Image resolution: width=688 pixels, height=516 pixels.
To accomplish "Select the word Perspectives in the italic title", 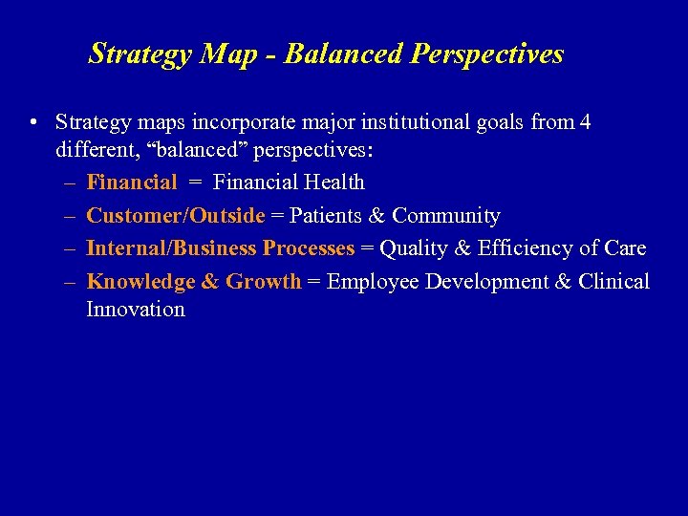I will click(487, 54).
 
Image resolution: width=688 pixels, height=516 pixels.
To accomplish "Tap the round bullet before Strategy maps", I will click(33, 123).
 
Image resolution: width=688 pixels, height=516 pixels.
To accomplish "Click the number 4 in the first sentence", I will click(585, 122).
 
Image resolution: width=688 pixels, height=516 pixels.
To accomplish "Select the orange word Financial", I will click(132, 182).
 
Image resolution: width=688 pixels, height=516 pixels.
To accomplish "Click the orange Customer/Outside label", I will click(175, 215).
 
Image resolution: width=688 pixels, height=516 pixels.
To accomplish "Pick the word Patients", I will click(328, 215).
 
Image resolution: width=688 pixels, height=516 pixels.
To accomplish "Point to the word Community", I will click(446, 215).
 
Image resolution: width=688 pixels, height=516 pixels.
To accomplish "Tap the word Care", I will click(625, 248).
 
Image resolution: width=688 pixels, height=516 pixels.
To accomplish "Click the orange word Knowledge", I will click(140, 281).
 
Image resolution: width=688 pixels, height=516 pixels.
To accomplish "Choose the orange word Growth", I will click(264, 281).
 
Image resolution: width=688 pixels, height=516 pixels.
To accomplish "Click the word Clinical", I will click(613, 281).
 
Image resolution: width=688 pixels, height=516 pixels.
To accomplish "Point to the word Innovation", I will click(136, 309).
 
